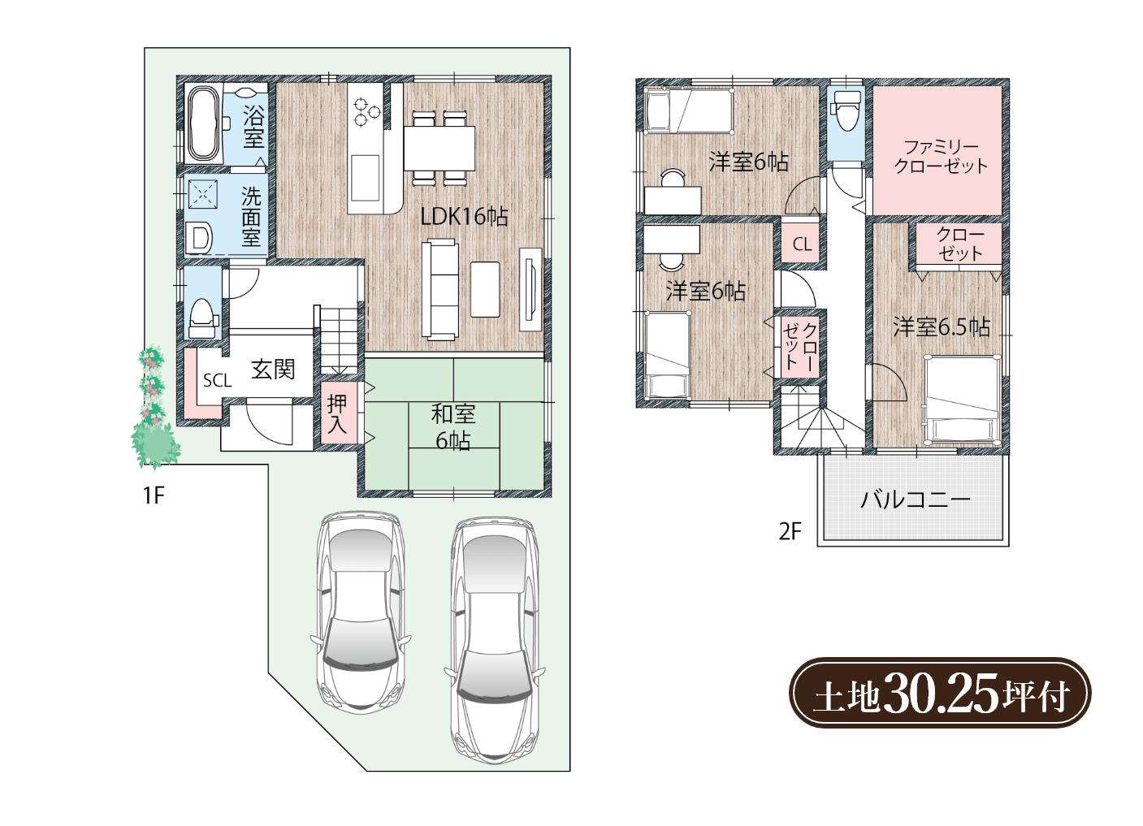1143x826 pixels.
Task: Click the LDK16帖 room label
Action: click(x=464, y=217)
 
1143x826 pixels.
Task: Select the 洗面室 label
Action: click(x=251, y=217)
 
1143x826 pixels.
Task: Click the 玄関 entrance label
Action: click(x=273, y=370)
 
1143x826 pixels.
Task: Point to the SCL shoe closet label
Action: click(x=218, y=380)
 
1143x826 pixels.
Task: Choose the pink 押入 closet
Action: click(x=338, y=413)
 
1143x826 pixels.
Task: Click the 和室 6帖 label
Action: click(x=453, y=427)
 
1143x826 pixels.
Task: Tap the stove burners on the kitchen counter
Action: click(x=366, y=111)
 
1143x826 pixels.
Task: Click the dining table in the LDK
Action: click(x=439, y=148)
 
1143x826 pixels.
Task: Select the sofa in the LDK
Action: click(x=441, y=289)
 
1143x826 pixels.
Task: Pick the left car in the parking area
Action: click(x=361, y=612)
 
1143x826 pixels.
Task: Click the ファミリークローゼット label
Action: click(x=941, y=157)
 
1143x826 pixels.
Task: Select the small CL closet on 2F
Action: click(x=802, y=244)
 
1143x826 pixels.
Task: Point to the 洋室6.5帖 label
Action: click(x=942, y=327)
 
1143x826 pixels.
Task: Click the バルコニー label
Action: click(x=916, y=499)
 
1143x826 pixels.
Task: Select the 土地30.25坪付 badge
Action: click(x=940, y=693)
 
